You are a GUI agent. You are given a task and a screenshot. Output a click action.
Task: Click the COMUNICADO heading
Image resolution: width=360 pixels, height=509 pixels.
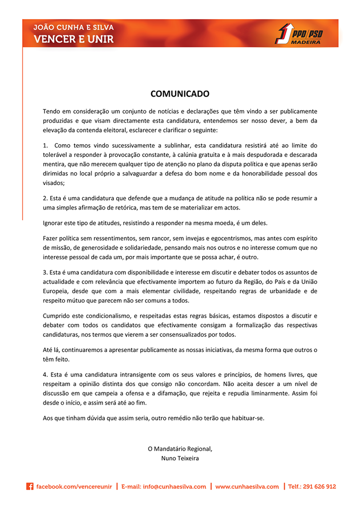click(180, 94)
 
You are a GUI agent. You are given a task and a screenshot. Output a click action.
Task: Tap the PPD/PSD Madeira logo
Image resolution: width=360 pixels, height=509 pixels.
click(298, 33)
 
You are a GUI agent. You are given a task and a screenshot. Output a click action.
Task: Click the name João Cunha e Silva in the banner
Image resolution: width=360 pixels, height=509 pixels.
click(73, 27)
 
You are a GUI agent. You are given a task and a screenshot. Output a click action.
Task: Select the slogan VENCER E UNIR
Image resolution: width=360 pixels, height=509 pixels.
click(73, 39)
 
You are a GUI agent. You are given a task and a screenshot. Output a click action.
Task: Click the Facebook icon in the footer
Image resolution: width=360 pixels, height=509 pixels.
click(30, 486)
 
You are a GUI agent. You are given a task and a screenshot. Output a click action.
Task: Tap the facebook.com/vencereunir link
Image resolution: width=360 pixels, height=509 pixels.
click(74, 487)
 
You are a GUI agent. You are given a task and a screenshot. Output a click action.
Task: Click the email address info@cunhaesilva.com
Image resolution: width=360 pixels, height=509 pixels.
click(163, 487)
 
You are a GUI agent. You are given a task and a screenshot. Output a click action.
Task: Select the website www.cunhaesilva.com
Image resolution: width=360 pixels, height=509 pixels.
click(247, 487)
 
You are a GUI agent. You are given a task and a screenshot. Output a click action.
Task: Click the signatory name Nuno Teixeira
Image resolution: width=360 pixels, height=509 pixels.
click(180, 458)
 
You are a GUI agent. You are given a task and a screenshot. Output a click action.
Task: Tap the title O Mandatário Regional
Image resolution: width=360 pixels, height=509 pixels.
click(180, 449)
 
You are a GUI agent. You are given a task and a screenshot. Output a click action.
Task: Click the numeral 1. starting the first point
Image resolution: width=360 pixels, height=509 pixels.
click(45, 145)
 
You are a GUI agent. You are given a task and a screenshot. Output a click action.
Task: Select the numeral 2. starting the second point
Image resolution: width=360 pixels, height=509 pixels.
click(45, 198)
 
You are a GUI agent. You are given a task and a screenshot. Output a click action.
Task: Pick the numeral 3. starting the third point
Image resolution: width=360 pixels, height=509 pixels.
click(45, 272)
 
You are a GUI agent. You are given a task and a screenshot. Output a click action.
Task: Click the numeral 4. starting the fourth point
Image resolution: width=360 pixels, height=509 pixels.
click(45, 375)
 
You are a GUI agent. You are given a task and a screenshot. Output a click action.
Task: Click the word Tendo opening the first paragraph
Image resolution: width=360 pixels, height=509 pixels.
click(52, 111)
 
